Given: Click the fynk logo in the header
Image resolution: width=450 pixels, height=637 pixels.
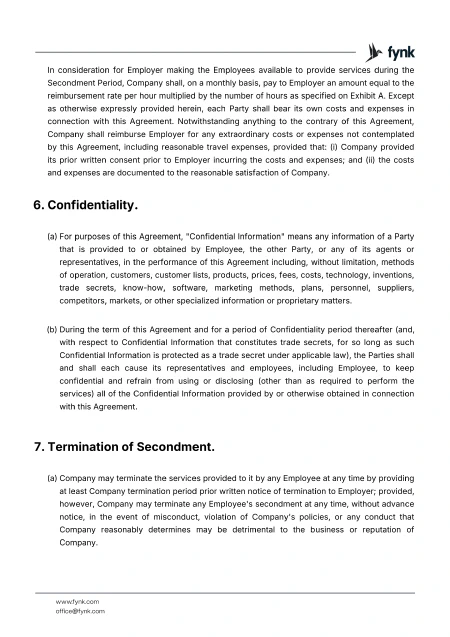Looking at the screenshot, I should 390,50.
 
